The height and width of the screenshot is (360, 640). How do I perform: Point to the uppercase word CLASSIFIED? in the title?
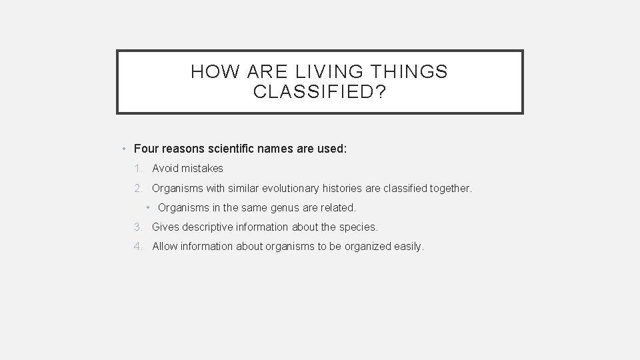319,92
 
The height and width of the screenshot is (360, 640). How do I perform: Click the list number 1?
136,169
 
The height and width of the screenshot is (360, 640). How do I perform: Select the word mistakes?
201,169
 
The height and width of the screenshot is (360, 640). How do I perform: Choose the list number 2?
136,189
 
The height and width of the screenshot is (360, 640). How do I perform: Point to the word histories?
339,189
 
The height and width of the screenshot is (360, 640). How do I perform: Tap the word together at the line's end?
450,189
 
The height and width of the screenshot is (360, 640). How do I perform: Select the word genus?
277,208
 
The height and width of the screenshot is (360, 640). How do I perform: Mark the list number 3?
136,227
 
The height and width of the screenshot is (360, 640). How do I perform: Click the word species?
359,227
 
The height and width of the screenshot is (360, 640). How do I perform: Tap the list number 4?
136,247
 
